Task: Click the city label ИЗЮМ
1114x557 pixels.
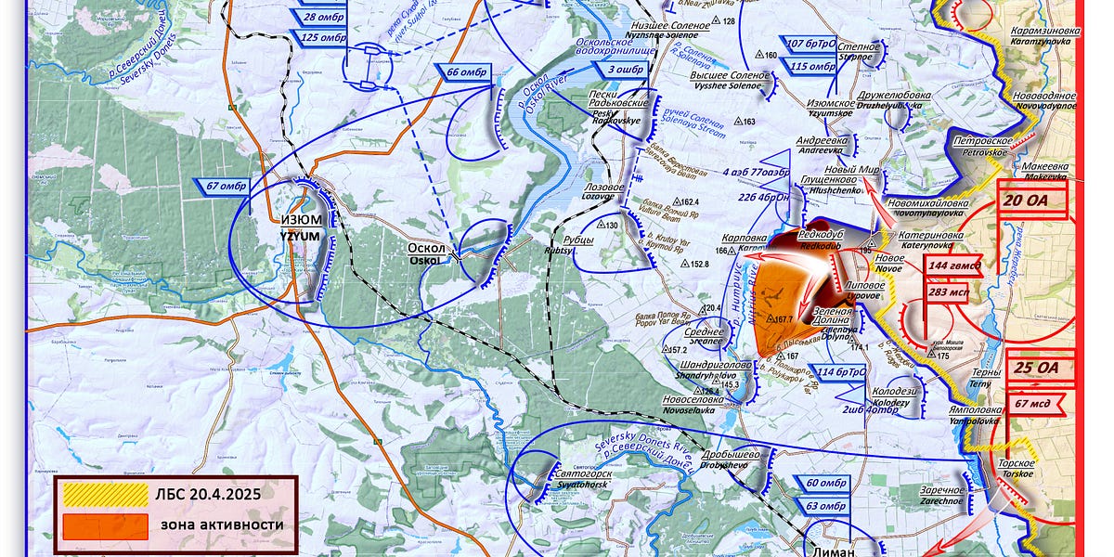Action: click(302, 220)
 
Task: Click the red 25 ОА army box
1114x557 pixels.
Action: click(1035, 368)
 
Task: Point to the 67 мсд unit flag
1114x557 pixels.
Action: click(1033, 403)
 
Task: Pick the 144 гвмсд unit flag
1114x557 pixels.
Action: click(951, 266)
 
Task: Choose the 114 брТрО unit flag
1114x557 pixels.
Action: click(841, 372)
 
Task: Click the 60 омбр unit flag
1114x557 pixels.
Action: click(825, 483)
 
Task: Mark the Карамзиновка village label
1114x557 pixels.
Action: click(1044, 31)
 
